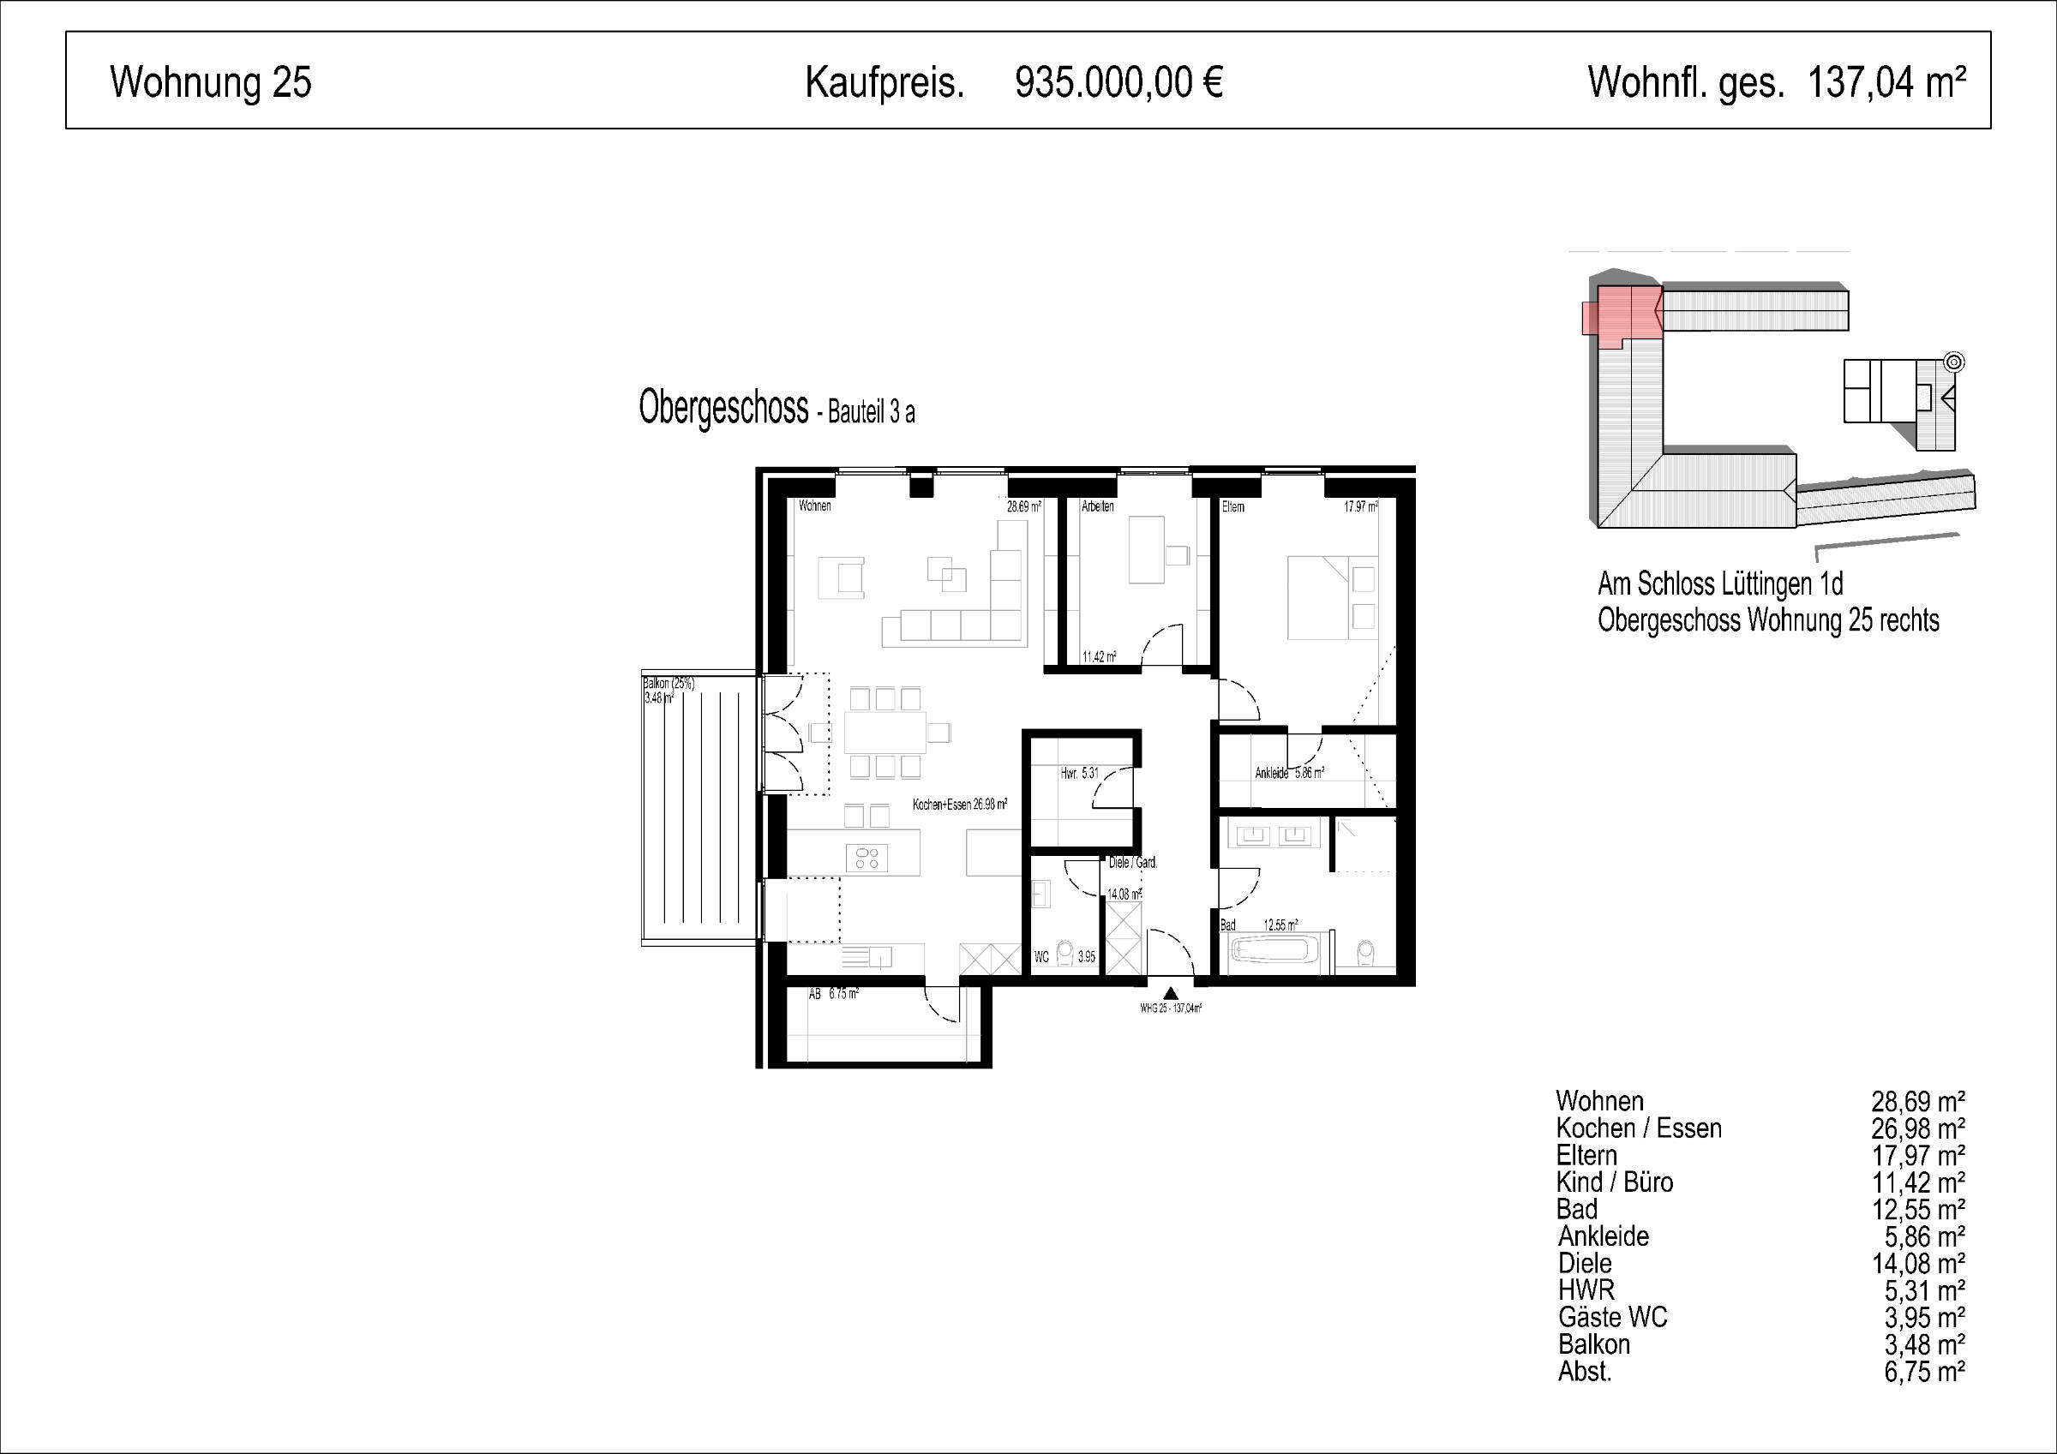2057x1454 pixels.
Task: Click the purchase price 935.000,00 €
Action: pyautogui.click(x=1119, y=82)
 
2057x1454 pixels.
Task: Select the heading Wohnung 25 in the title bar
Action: pyautogui.click(x=211, y=82)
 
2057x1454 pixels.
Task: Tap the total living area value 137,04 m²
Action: pyautogui.click(x=1886, y=82)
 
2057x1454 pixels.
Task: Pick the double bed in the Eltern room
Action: pyautogui.click(x=1332, y=597)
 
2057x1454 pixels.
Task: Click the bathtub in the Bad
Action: pyautogui.click(x=1274, y=949)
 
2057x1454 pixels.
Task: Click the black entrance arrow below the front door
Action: pyautogui.click(x=1170, y=993)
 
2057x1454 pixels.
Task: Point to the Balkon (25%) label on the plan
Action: pyautogui.click(x=669, y=683)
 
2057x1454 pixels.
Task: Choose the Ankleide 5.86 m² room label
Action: pyautogui.click(x=1289, y=772)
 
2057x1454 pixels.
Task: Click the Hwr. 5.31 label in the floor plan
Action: pyautogui.click(x=1080, y=772)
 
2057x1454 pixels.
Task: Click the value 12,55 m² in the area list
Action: pyautogui.click(x=1918, y=1210)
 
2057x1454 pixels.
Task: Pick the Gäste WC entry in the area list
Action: pyautogui.click(x=1613, y=1317)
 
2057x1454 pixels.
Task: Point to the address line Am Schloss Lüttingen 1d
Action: pyautogui.click(x=1720, y=584)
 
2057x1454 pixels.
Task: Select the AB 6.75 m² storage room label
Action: pyautogui.click(x=833, y=994)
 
